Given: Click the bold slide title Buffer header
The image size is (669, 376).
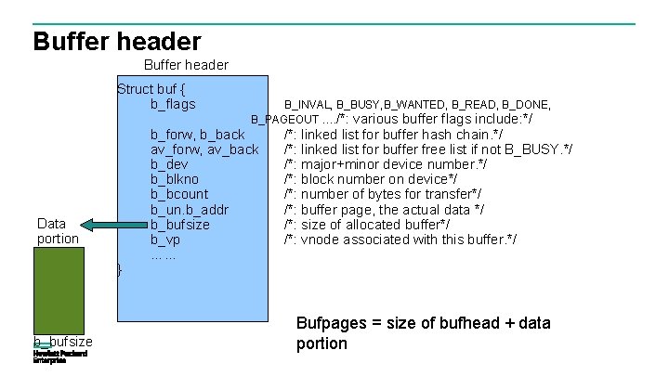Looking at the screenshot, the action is point(117,41).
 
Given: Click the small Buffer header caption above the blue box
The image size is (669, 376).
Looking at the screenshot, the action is point(186,65).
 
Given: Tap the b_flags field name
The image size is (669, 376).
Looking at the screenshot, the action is point(173,104).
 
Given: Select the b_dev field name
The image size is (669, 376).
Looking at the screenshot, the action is point(170,164).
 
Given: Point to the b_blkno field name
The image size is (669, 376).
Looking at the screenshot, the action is point(175,179).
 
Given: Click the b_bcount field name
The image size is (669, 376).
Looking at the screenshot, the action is point(179,194).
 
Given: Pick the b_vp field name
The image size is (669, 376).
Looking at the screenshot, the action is point(165,240).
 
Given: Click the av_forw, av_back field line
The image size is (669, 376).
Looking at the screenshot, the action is point(204,149).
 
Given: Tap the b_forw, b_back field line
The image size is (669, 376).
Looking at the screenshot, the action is point(197,135).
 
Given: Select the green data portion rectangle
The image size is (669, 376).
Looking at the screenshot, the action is point(59,288).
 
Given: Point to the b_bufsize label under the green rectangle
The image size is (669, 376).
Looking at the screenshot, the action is point(63,341).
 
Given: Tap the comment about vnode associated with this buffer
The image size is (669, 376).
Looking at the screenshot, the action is point(400,240).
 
